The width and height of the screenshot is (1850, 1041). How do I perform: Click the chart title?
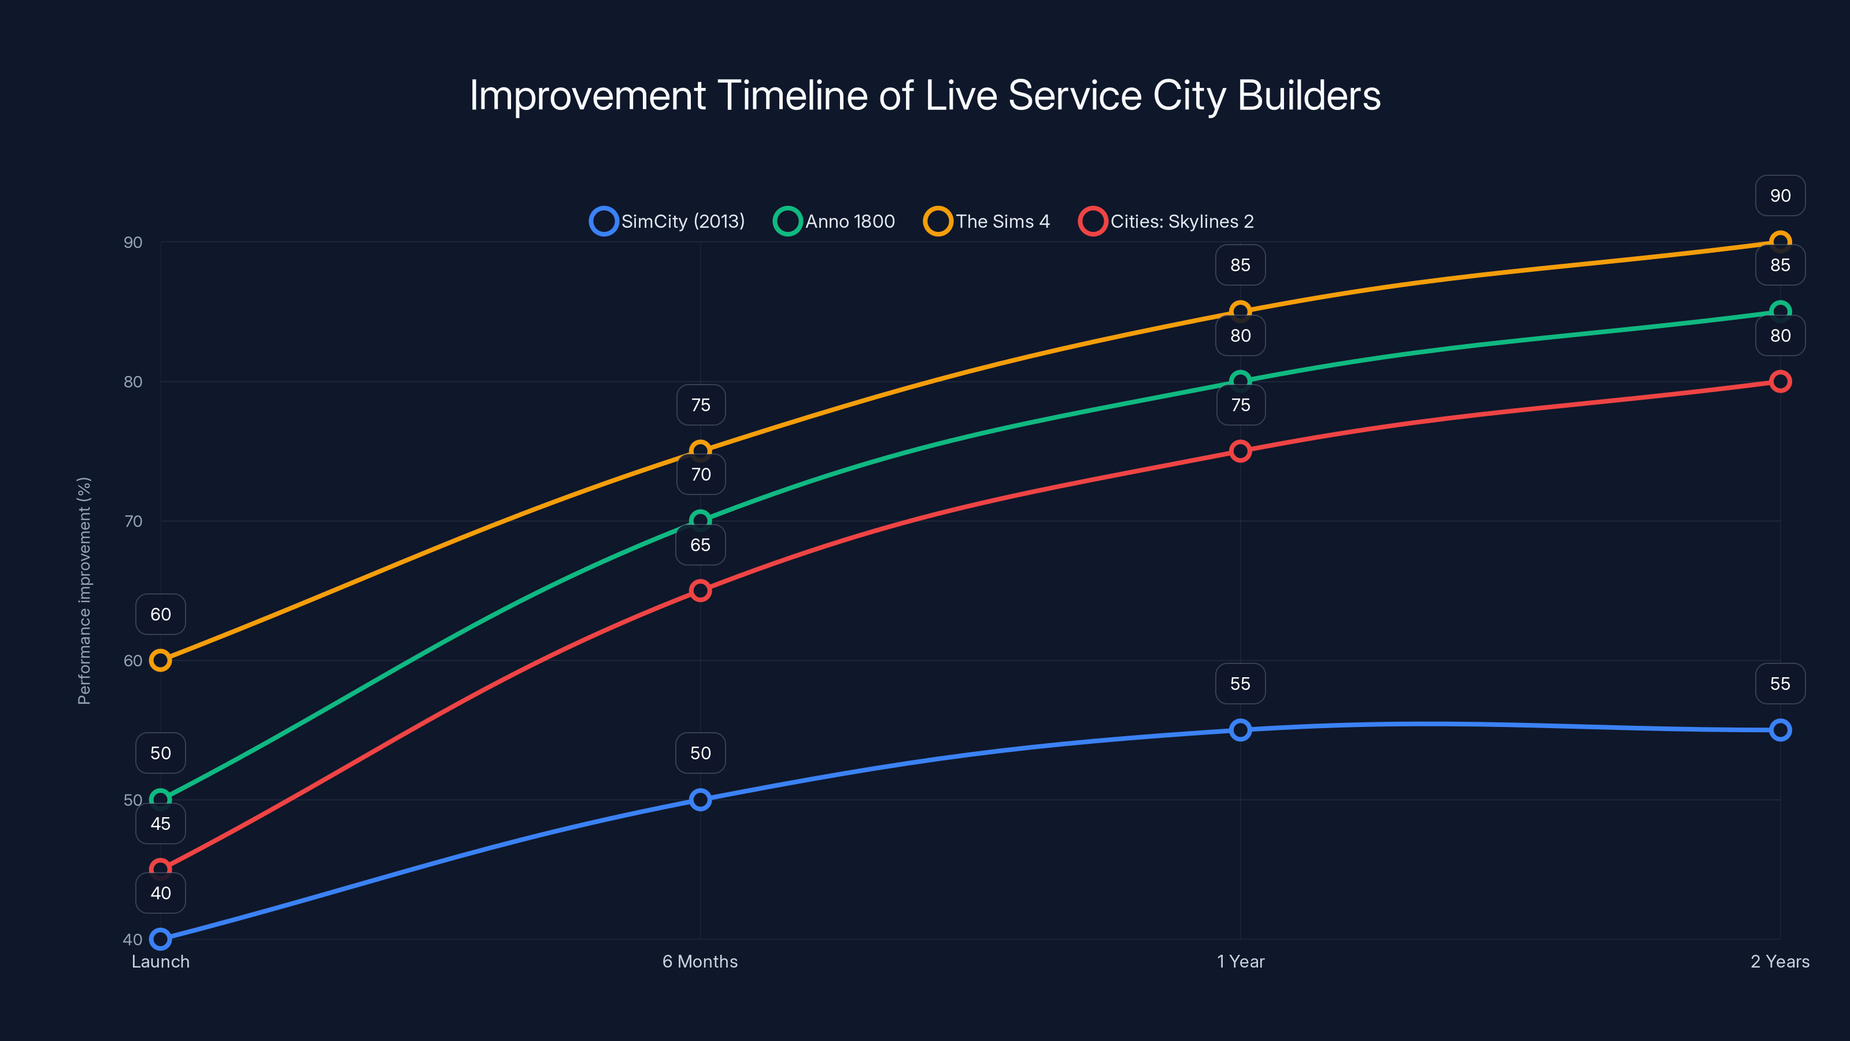[925, 95]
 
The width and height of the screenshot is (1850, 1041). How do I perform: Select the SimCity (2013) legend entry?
[667, 222]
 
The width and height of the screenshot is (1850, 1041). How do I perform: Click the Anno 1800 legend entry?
[834, 222]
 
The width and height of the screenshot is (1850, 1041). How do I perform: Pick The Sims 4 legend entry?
[987, 222]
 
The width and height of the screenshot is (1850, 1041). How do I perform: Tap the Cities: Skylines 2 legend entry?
[1166, 222]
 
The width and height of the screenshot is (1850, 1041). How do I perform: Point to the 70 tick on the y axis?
[133, 521]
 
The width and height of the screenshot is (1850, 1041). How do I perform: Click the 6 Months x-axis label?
[700, 961]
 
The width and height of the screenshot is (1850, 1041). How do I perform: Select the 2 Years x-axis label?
[1779, 961]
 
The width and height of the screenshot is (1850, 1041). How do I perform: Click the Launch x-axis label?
[160, 961]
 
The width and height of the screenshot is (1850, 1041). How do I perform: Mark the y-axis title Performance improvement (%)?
[84, 590]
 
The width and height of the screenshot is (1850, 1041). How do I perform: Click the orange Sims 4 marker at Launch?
[160, 660]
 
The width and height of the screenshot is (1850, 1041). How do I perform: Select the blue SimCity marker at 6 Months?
[700, 800]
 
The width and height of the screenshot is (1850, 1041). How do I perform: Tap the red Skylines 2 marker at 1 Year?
[1239, 451]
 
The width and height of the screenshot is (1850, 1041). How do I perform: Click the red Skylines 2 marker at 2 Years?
[1779, 382]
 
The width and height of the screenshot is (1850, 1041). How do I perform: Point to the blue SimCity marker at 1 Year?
[1239, 730]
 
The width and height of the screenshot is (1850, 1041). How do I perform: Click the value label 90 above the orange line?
[1779, 195]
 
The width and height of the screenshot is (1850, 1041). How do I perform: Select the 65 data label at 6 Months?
[700, 545]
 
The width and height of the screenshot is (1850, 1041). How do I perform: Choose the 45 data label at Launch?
[160, 824]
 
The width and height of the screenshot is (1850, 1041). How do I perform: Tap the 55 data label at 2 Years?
[1779, 683]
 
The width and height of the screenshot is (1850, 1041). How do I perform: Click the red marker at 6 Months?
[700, 590]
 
